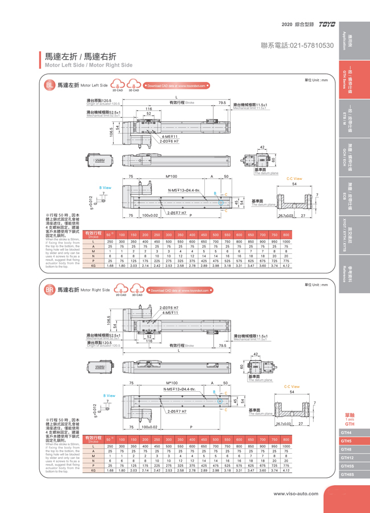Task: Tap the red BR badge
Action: click(49, 289)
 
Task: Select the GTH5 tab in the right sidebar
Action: click(347, 441)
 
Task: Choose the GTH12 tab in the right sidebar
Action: click(347, 457)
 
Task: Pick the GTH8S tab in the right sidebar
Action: click(347, 474)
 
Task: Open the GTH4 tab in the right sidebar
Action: click(347, 433)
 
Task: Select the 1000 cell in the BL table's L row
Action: click(286, 241)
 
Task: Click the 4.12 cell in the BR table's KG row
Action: click(286, 470)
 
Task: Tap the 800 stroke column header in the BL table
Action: click(286, 235)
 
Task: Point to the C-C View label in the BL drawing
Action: click(294, 178)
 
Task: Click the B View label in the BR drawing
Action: click(109, 395)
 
